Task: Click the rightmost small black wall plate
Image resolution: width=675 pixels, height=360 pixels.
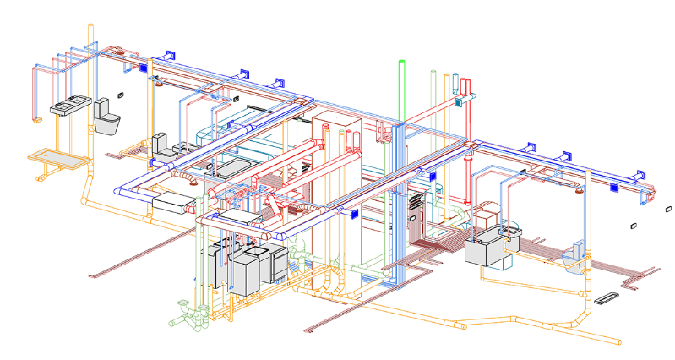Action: (668, 207)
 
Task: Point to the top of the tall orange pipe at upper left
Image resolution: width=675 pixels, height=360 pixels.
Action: (90, 28)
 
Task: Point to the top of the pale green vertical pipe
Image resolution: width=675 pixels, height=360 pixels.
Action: (433, 74)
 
